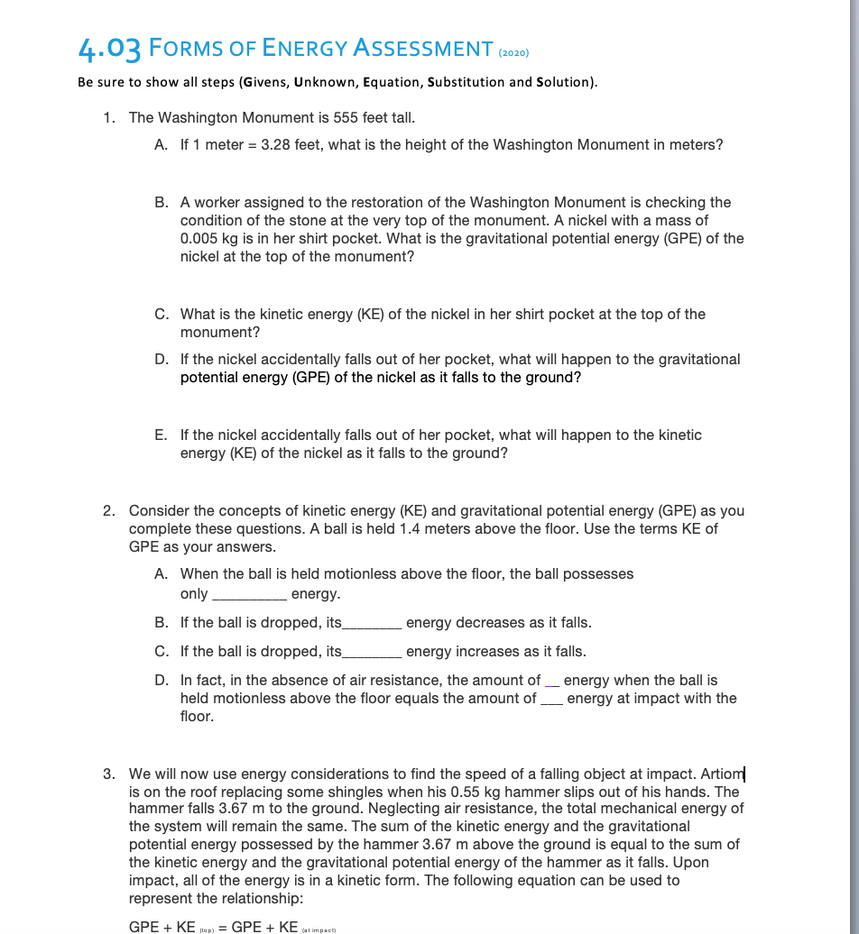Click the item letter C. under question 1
point(162,314)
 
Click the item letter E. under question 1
point(162,435)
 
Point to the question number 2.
point(108,510)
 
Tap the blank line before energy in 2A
point(248,594)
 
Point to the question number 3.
point(108,774)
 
